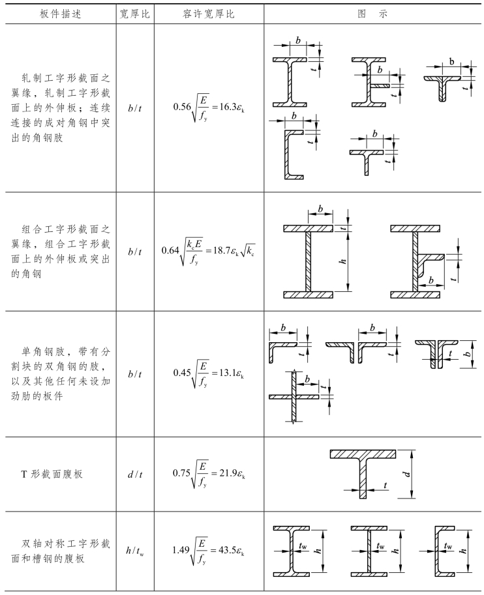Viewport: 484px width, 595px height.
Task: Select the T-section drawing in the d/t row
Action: [x=363, y=472]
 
